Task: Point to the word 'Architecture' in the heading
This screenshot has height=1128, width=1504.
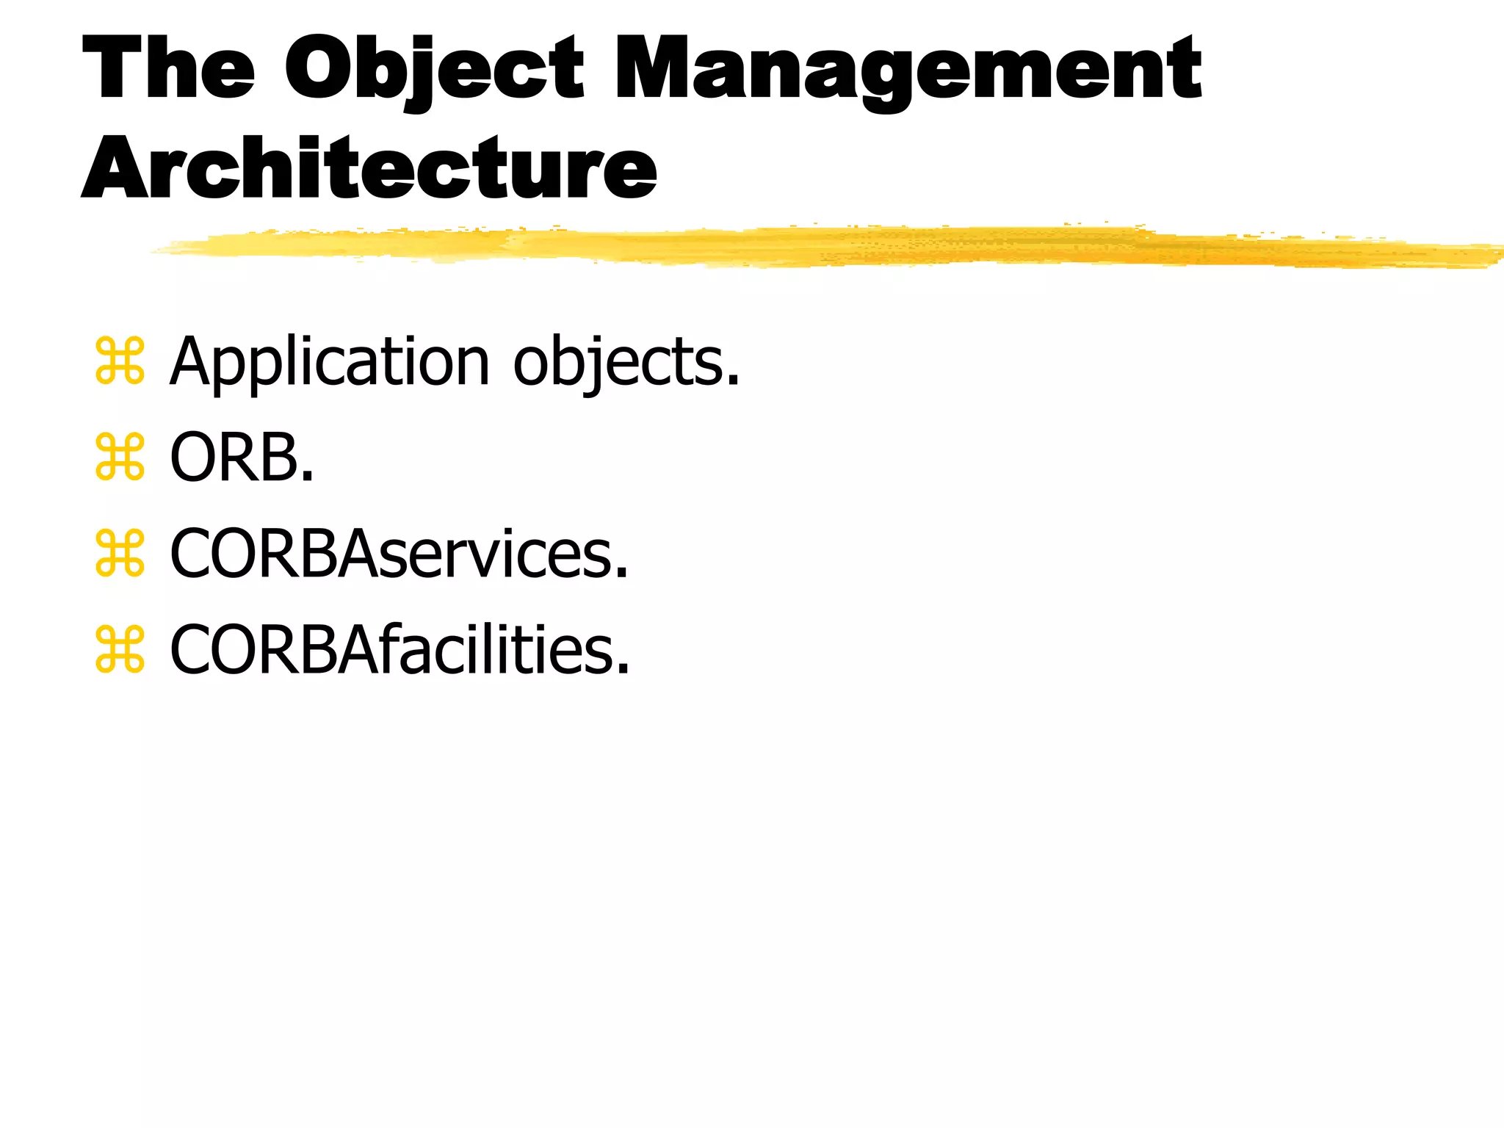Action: (x=369, y=168)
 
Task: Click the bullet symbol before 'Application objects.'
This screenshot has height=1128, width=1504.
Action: (x=120, y=361)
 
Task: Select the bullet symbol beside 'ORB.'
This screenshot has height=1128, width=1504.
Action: (x=120, y=458)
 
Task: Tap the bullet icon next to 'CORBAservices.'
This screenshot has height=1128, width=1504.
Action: (x=120, y=554)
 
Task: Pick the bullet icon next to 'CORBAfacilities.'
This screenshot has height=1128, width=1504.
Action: (x=120, y=650)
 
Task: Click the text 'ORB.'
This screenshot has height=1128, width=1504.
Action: (x=242, y=458)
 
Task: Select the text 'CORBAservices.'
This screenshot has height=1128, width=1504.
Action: (x=399, y=554)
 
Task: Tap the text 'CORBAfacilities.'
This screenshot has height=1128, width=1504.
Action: (x=399, y=650)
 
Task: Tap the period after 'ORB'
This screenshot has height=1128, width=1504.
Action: (x=308, y=476)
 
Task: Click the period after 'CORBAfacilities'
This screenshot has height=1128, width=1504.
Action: (x=623, y=668)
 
